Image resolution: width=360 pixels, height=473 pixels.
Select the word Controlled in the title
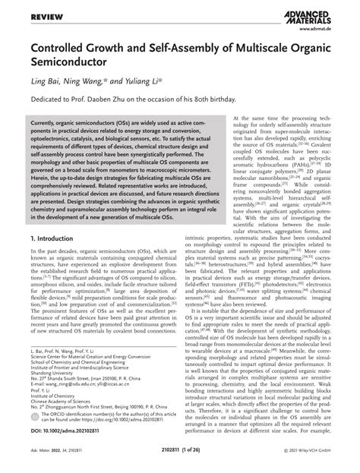(62, 49)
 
